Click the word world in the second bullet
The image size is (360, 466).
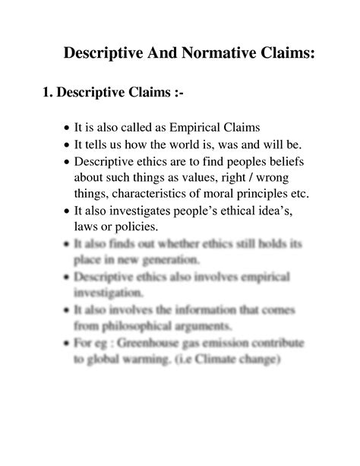(175, 144)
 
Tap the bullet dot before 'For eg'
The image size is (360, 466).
(68, 344)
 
